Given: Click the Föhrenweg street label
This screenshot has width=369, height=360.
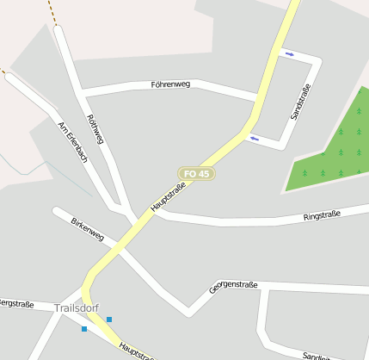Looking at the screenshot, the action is pyautogui.click(x=170, y=84).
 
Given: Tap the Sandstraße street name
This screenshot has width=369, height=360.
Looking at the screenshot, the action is pyautogui.click(x=300, y=102).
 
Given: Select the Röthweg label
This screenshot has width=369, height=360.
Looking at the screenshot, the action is pyautogui.click(x=95, y=128).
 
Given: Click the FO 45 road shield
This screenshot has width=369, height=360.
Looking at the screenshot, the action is pyautogui.click(x=197, y=174).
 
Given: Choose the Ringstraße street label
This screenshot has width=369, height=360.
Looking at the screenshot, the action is pyautogui.click(x=322, y=215).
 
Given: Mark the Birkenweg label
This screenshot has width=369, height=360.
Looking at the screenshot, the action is pyautogui.click(x=87, y=229).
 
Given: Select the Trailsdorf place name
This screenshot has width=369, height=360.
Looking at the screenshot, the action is pyautogui.click(x=77, y=307).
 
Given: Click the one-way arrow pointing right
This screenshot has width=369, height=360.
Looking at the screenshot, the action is pyautogui.click(x=290, y=54).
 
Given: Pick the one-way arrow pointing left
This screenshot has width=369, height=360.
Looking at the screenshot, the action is pyautogui.click(x=254, y=138).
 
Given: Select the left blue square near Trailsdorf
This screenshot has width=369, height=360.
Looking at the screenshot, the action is pyautogui.click(x=84, y=329).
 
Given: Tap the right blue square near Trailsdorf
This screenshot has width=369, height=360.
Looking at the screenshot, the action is pyautogui.click(x=109, y=320).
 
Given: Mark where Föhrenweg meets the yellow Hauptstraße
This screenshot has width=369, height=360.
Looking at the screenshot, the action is pyautogui.click(x=258, y=95).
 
